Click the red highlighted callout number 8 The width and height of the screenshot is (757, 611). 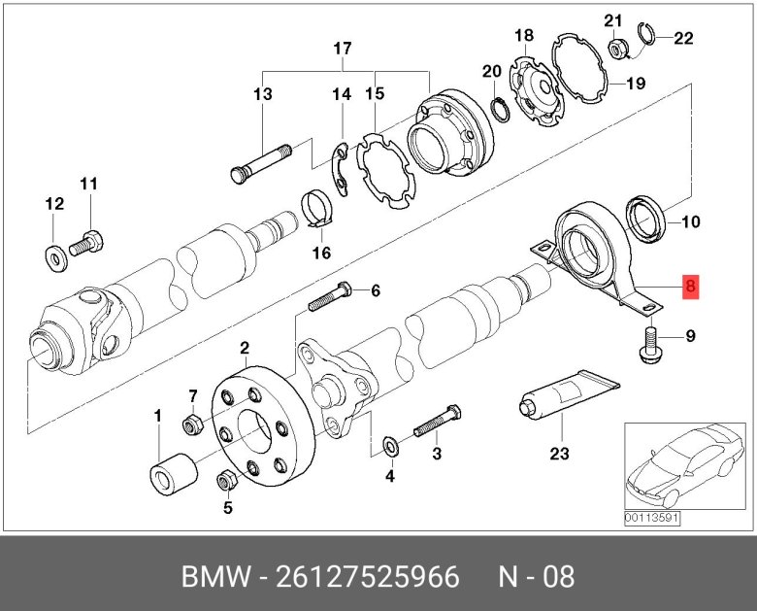click(x=690, y=287)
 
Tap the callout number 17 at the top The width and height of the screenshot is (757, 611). click(x=342, y=49)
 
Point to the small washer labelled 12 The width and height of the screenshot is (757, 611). click(x=53, y=256)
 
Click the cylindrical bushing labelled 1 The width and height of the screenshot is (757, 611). click(x=173, y=474)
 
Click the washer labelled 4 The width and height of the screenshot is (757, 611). click(x=390, y=447)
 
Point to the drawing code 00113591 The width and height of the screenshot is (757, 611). click(x=653, y=518)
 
